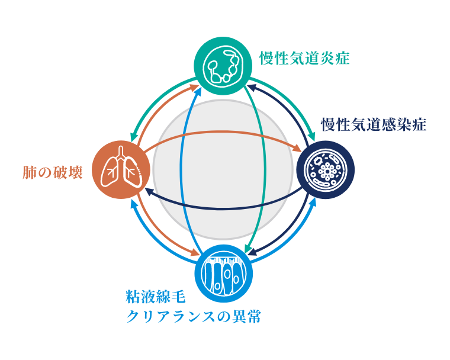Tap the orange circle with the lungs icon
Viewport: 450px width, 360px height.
[x=121, y=170]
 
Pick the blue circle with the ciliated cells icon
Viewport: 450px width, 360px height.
[x=224, y=274]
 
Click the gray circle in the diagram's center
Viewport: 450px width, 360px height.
[x=223, y=170]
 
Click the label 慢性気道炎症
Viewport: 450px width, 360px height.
[x=304, y=59]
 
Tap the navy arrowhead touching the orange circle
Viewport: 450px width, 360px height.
[x=150, y=192]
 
